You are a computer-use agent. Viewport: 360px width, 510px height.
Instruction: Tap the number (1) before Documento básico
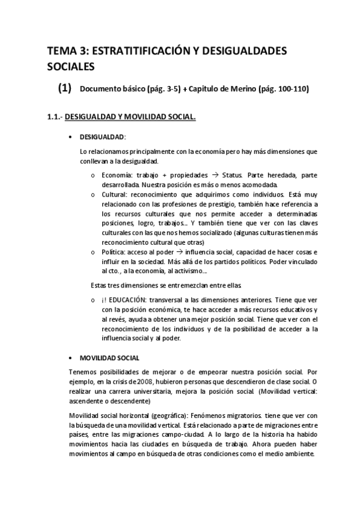click(x=65, y=88)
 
